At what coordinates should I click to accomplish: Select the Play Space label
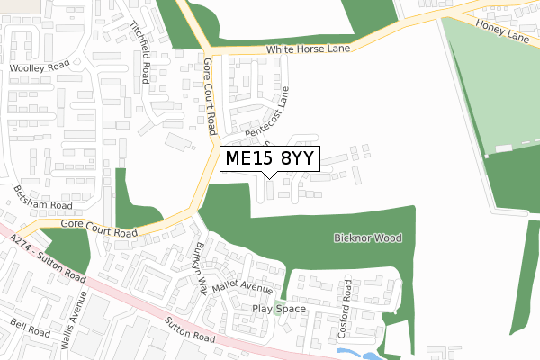pos(279,309)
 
